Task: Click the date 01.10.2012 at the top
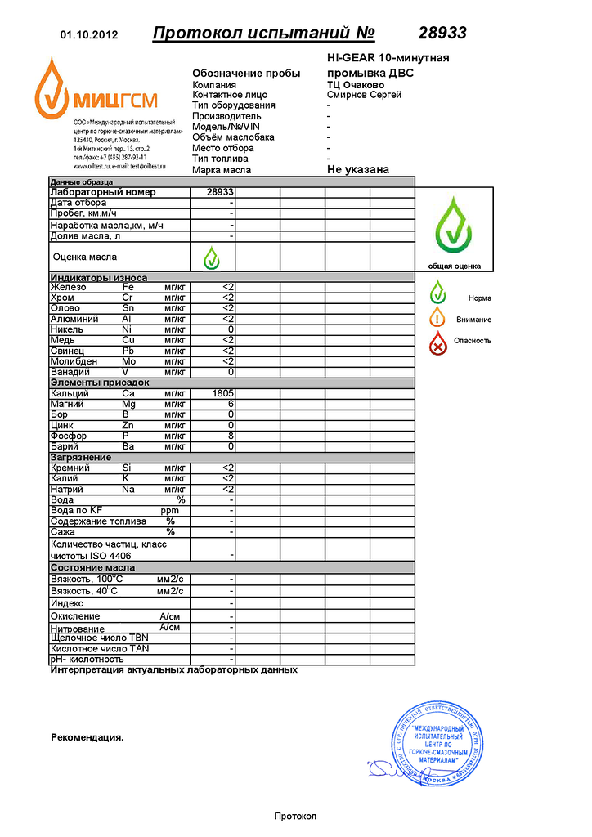coord(90,35)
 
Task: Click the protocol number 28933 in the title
coord(442,34)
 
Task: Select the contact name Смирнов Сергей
coord(364,95)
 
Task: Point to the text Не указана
coord(357,170)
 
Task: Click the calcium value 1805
coord(222,393)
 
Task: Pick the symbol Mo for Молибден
coord(128,361)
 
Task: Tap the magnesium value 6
coord(231,404)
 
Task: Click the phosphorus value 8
coord(231,436)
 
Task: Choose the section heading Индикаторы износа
coord(99,278)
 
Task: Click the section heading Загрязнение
coord(81,458)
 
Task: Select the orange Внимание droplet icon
coord(438,317)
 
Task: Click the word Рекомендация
coord(87,737)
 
